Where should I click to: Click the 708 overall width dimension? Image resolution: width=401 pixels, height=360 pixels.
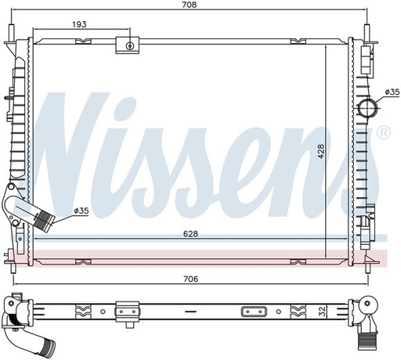190,5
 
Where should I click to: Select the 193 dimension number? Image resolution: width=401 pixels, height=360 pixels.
79,24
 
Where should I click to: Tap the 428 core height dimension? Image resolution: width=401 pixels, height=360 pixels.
321,151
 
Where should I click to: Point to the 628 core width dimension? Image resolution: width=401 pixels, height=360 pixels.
190,234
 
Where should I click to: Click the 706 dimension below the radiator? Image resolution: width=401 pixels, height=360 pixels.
191,279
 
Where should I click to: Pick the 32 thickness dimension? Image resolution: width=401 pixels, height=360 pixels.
323,311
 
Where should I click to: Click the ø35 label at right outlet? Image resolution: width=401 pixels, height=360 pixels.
392,92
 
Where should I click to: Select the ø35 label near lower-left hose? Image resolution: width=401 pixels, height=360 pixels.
81,211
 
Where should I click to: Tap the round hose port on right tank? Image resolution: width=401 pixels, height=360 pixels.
367,108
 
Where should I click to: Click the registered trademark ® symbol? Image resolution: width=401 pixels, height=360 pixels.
384,133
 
